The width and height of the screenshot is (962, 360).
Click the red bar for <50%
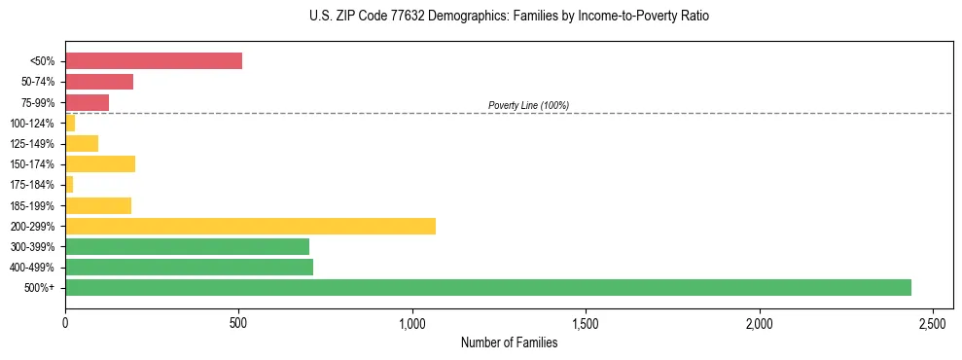154,61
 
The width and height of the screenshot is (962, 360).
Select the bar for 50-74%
99,82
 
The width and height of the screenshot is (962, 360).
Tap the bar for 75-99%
87,102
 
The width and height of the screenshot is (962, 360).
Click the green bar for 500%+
488,287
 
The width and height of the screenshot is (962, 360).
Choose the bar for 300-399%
187,246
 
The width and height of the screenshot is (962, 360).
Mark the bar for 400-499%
189,267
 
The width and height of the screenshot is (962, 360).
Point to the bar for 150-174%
100,163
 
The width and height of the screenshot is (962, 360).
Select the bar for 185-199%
98,205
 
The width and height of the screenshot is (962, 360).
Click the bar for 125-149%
82,143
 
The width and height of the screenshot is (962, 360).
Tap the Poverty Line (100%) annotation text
528,105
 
